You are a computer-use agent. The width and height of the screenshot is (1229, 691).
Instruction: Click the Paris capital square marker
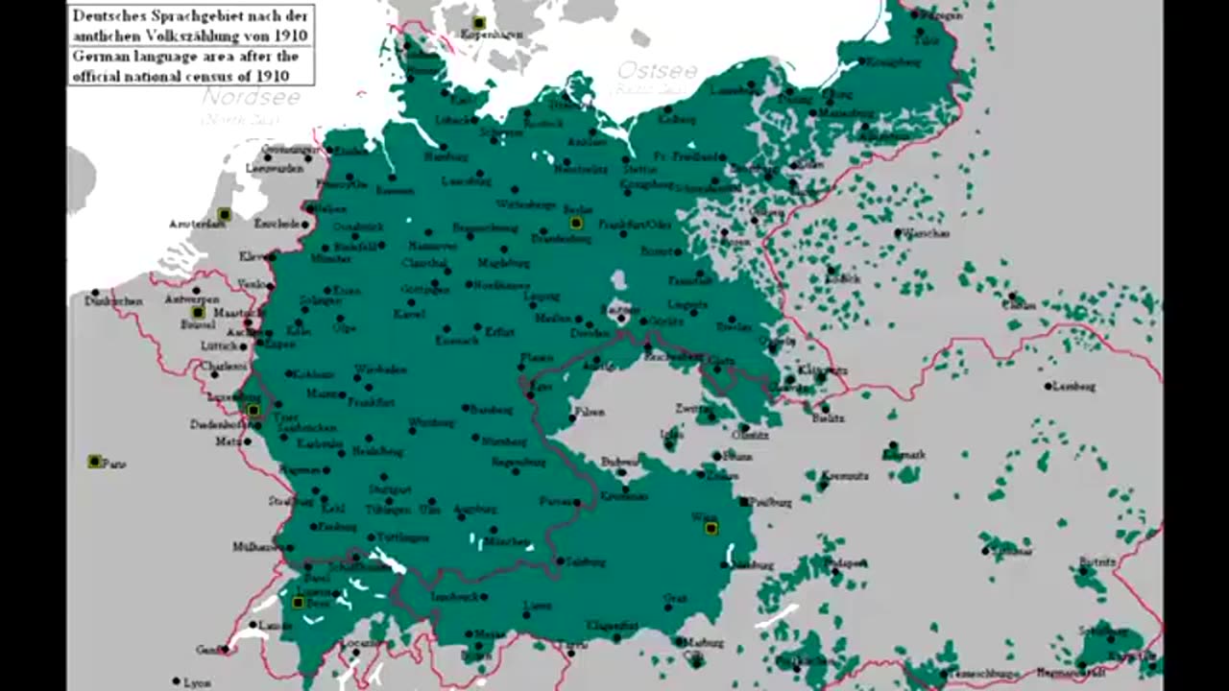point(94,462)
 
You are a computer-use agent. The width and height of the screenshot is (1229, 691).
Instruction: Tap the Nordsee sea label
point(252,98)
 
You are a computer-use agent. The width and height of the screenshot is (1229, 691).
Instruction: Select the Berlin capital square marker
point(576,223)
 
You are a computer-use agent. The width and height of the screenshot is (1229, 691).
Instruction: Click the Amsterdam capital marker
point(224,214)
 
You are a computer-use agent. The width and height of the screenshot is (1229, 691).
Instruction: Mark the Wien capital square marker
point(711,528)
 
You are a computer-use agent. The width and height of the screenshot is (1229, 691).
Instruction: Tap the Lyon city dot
point(176,681)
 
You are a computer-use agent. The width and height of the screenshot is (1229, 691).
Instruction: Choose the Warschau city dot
point(898,232)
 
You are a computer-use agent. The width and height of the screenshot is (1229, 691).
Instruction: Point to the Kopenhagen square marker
point(478,22)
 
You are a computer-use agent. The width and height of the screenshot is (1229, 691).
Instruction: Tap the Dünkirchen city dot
point(95,293)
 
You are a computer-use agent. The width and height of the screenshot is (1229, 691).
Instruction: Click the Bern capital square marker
point(299,603)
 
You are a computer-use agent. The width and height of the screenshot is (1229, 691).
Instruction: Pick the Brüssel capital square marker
point(198,313)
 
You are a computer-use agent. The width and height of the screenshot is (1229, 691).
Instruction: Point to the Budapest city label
point(850,563)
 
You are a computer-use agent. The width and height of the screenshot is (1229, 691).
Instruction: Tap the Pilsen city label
point(590,412)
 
